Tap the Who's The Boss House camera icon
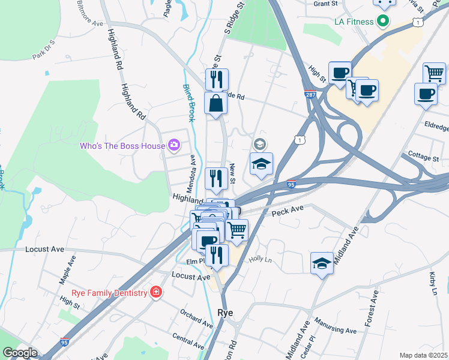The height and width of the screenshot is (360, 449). pyautogui.click(x=174, y=145)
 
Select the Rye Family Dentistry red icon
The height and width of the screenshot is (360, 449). pyautogui.click(x=156, y=292)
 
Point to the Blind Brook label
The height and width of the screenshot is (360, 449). pyautogui.click(x=189, y=103)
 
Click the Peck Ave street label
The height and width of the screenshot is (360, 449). pyautogui.click(x=288, y=211)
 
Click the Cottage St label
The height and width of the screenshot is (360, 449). pyautogui.click(x=423, y=157)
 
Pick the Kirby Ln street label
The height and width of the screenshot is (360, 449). pyautogui.click(x=433, y=282)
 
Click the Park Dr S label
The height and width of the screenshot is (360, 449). pyautogui.click(x=44, y=51)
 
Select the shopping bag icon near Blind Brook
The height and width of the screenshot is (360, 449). pyautogui.click(x=215, y=103)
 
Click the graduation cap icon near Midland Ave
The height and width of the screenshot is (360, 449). pyautogui.click(x=322, y=263)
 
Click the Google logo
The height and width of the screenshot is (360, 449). pyautogui.click(x=20, y=353)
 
